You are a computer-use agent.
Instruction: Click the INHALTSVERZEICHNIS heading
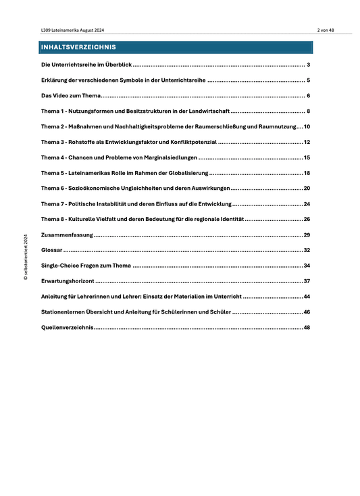78,47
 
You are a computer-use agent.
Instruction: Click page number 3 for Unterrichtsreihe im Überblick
308,65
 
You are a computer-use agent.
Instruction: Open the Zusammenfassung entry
66,235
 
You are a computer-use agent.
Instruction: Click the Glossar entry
52,251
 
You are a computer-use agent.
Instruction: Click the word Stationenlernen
66,312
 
